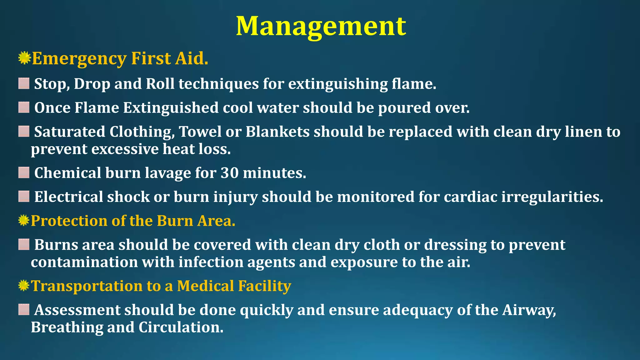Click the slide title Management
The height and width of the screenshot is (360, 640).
tap(321, 26)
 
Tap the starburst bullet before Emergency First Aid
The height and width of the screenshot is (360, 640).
tap(24, 58)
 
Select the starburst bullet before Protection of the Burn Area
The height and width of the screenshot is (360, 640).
tap(24, 221)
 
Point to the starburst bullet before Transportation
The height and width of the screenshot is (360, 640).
tap(24, 286)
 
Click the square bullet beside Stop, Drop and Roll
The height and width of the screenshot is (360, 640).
tap(24, 84)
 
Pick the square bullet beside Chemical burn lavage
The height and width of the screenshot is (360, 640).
tap(24, 172)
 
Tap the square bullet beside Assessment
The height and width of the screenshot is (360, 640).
tap(24, 310)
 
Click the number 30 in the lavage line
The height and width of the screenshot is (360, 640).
tap(229, 173)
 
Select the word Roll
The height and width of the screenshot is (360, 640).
tap(160, 84)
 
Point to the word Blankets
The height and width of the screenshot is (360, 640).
tap(277, 132)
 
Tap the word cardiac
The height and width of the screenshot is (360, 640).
tap(470, 197)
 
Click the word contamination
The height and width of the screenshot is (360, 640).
tap(84, 262)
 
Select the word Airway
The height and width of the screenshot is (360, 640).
tap(529, 310)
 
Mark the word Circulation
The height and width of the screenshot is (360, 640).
tap(181, 327)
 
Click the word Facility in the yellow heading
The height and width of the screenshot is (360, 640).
tap(265, 286)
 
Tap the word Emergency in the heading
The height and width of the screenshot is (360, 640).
tap(79, 59)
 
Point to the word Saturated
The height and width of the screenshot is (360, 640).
tap(70, 132)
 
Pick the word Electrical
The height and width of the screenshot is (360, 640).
tap(68, 197)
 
